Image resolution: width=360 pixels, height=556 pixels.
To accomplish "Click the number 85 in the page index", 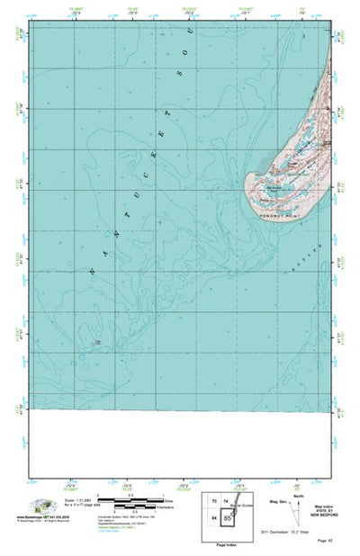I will point(229,519).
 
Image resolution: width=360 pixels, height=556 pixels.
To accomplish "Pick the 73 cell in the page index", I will point(213,501).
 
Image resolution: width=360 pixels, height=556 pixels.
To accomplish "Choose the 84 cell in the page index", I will point(213,518).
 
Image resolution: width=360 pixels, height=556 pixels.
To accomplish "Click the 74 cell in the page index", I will point(228,501).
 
